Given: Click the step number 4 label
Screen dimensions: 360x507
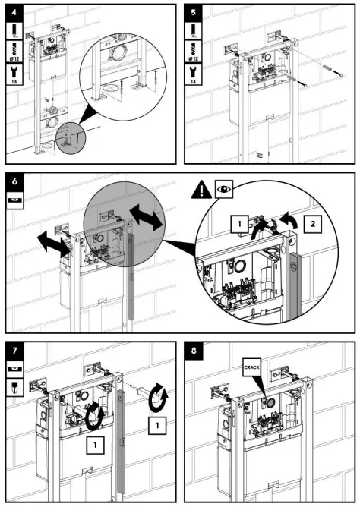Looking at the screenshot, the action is [14, 13].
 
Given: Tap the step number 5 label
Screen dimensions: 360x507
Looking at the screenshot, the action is [193, 13].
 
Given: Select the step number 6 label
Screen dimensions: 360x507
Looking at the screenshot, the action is [14, 181].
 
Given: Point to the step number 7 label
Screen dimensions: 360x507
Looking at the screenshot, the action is [14, 350].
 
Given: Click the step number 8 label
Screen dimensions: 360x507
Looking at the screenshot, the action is [194, 351].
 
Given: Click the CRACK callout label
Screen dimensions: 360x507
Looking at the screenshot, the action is [251, 367].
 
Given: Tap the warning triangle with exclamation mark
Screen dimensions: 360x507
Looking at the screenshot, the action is [201, 190].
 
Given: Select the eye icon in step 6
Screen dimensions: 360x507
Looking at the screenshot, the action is [224, 189].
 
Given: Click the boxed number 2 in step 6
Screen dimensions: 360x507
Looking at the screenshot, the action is [312, 224].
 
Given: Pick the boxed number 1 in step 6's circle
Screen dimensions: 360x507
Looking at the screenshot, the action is [239, 224].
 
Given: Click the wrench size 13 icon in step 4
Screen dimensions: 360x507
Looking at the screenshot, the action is [14, 74].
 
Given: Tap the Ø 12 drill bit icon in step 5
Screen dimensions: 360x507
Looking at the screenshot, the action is [193, 52].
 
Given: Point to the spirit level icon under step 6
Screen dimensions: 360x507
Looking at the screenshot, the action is [14, 200].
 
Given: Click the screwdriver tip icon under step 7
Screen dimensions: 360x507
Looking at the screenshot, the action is [14, 388].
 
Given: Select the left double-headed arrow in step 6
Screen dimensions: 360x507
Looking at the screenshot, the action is [54, 244].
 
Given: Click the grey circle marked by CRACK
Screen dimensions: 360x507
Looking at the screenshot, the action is [271, 402].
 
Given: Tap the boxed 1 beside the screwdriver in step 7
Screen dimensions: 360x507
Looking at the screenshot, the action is [157, 426].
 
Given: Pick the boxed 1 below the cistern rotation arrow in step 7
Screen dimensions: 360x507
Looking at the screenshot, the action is [95, 446].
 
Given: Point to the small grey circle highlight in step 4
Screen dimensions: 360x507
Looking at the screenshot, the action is [71, 138].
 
